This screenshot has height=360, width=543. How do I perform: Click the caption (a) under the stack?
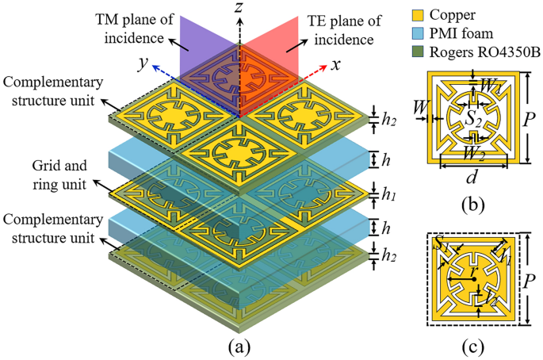tap(239, 346)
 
